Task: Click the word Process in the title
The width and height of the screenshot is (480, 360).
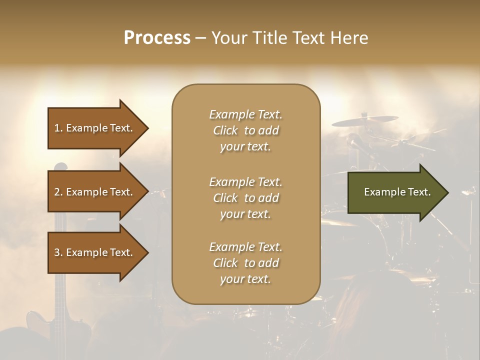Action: coord(157,38)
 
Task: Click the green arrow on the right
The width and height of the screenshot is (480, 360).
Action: coord(395,192)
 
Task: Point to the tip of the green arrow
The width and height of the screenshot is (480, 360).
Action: coord(447,192)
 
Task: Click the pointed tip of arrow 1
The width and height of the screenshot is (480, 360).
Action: coord(147,128)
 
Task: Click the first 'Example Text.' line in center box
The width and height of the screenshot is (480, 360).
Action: coord(245,115)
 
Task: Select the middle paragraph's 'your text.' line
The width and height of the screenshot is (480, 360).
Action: coord(245,214)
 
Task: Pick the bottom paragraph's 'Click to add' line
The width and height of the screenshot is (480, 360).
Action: coord(245,263)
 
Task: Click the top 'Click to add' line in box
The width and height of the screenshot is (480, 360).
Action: coord(245,131)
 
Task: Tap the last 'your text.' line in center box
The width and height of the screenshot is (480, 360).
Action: coord(245,279)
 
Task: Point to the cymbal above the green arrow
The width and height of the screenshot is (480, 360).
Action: coord(365,120)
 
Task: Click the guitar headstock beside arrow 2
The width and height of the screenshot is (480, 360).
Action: coord(61,167)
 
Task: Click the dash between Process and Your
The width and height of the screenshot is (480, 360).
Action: coord(200,38)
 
